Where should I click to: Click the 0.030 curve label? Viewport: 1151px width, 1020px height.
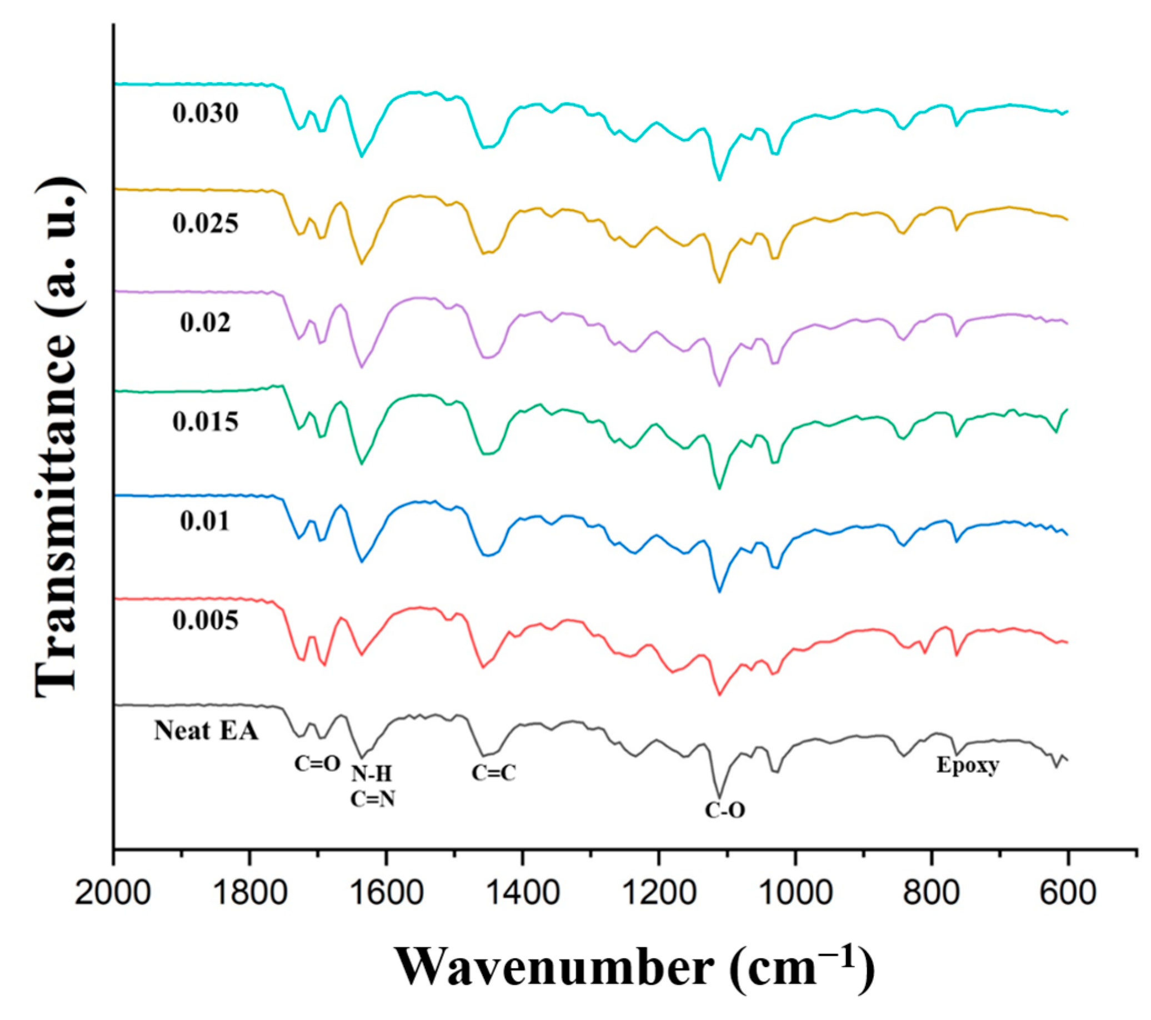206,114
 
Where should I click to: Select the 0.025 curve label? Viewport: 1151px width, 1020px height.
206,224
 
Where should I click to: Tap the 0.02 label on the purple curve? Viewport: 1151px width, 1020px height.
206,323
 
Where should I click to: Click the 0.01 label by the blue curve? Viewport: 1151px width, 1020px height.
206,522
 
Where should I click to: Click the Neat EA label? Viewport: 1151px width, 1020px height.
206,731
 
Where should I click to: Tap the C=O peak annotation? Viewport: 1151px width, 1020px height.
318,764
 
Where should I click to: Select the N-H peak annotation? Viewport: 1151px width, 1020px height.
372,774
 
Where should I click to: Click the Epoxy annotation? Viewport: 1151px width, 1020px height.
968,766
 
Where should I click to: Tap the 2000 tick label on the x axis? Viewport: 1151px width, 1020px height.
113,894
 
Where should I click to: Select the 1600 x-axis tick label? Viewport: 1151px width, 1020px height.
386,894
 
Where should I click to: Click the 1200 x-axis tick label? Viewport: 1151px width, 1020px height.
659,894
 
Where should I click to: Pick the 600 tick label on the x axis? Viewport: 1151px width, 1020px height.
1068,894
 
